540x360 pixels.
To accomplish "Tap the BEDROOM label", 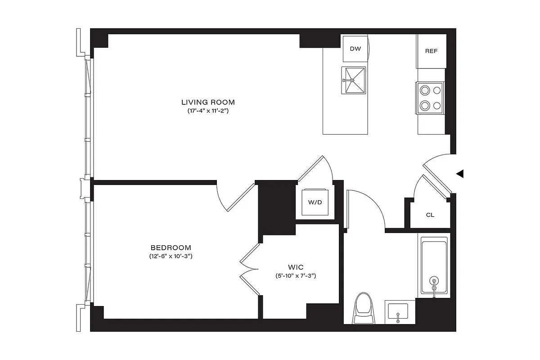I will (171, 248).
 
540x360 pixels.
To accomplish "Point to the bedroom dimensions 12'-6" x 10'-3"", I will (171, 256).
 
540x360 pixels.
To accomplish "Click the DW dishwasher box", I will (355, 48).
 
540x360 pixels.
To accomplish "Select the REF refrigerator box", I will (431, 51).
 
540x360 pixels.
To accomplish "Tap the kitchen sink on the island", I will (354, 81).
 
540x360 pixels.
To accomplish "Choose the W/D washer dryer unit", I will (315, 202).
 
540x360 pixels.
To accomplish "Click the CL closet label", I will (430, 215).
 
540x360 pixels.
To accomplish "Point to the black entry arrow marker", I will (459, 174).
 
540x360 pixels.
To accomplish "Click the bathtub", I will (434, 265).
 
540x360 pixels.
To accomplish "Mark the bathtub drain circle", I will (434, 280).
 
